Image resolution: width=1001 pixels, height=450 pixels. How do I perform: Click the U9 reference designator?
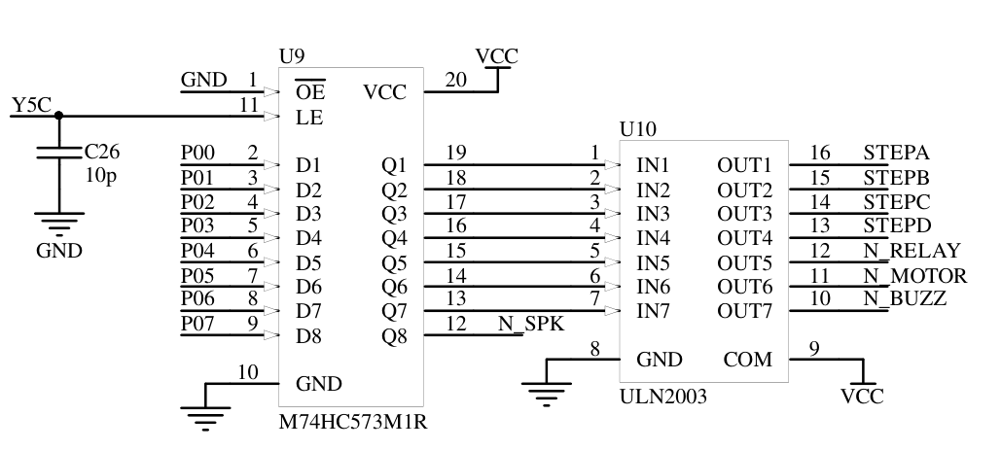[291, 57]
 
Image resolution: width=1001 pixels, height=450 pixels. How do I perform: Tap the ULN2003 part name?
[663, 397]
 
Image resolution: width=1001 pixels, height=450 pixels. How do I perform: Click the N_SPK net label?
[530, 324]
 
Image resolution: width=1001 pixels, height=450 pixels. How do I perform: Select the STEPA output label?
[897, 153]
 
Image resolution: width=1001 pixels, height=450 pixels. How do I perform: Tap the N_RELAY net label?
[912, 251]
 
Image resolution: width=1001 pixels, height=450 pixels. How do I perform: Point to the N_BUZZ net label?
[905, 299]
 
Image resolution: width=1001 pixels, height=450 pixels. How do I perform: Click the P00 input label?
[198, 153]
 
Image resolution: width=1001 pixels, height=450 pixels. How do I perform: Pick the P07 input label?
[198, 324]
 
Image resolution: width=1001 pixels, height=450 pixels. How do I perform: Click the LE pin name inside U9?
[309, 119]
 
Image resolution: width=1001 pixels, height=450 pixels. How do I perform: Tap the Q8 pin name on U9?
[394, 337]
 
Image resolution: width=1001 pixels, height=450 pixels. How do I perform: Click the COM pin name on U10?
[748, 360]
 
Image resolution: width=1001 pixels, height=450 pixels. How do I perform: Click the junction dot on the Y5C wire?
[58, 115]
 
